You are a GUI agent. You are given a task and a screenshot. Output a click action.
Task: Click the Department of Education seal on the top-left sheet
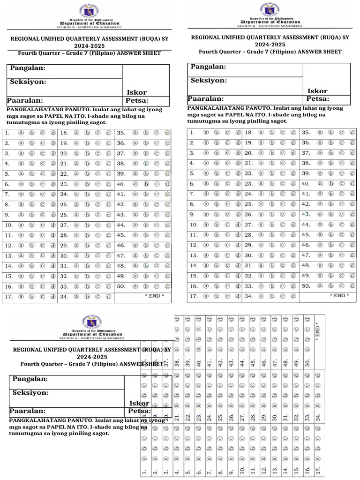tap(89, 11)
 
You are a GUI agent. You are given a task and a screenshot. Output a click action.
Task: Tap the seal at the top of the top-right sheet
tap(270, 9)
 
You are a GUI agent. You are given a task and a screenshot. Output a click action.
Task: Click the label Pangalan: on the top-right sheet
tap(208, 67)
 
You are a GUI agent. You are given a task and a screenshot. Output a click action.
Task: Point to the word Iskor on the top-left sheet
tap(137, 92)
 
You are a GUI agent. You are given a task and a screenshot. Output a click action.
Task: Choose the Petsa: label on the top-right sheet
tap(318, 99)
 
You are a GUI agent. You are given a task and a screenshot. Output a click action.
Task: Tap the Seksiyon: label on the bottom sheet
tap(30, 393)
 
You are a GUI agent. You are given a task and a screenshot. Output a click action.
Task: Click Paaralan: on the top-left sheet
tap(25, 100)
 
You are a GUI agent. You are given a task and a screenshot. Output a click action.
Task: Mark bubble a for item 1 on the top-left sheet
tap(21, 133)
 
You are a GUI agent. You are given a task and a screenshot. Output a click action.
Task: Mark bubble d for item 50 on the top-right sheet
tap(352, 285)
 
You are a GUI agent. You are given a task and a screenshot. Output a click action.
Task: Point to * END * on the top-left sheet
tap(154, 296)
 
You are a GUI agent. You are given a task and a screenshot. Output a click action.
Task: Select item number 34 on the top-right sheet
tap(248, 296)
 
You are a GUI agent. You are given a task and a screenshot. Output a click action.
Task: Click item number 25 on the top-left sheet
tap(64, 204)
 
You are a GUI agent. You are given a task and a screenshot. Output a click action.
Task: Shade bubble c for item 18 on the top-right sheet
tap(283, 133)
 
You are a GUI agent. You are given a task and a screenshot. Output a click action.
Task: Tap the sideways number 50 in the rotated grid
tap(307, 363)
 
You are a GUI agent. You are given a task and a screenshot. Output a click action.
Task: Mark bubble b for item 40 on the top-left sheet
tap(146, 184)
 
